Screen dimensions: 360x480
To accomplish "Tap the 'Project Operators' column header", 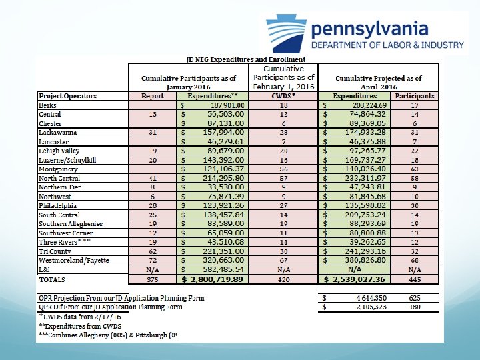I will pyautogui.click(x=67, y=96).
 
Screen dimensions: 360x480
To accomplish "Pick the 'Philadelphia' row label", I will pyautogui.click(x=59, y=205).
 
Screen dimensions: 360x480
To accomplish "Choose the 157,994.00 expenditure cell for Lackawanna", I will pyautogui.click(x=220, y=133).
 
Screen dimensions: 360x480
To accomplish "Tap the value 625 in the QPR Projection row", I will pyautogui.click(x=415, y=297).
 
